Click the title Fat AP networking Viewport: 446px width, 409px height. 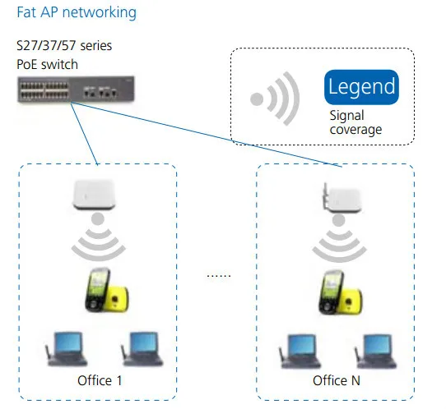[77, 13]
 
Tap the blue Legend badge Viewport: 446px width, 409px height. [361, 87]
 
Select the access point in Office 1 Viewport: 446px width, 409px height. [96, 195]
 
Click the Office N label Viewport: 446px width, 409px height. [336, 382]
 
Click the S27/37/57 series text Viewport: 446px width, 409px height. [63, 47]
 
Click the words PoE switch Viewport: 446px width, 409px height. [48, 64]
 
